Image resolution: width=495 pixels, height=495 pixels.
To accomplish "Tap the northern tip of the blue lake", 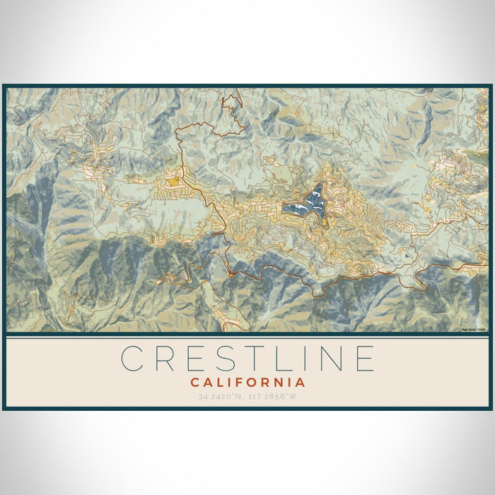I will click(x=319, y=186).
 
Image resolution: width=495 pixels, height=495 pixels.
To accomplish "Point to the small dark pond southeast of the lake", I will click(x=407, y=255).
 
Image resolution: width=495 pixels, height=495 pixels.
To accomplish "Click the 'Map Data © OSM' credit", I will click(x=473, y=330).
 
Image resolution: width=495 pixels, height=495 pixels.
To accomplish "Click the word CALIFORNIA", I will click(x=248, y=383).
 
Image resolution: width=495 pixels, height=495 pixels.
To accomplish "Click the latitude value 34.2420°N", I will click(x=219, y=397).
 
